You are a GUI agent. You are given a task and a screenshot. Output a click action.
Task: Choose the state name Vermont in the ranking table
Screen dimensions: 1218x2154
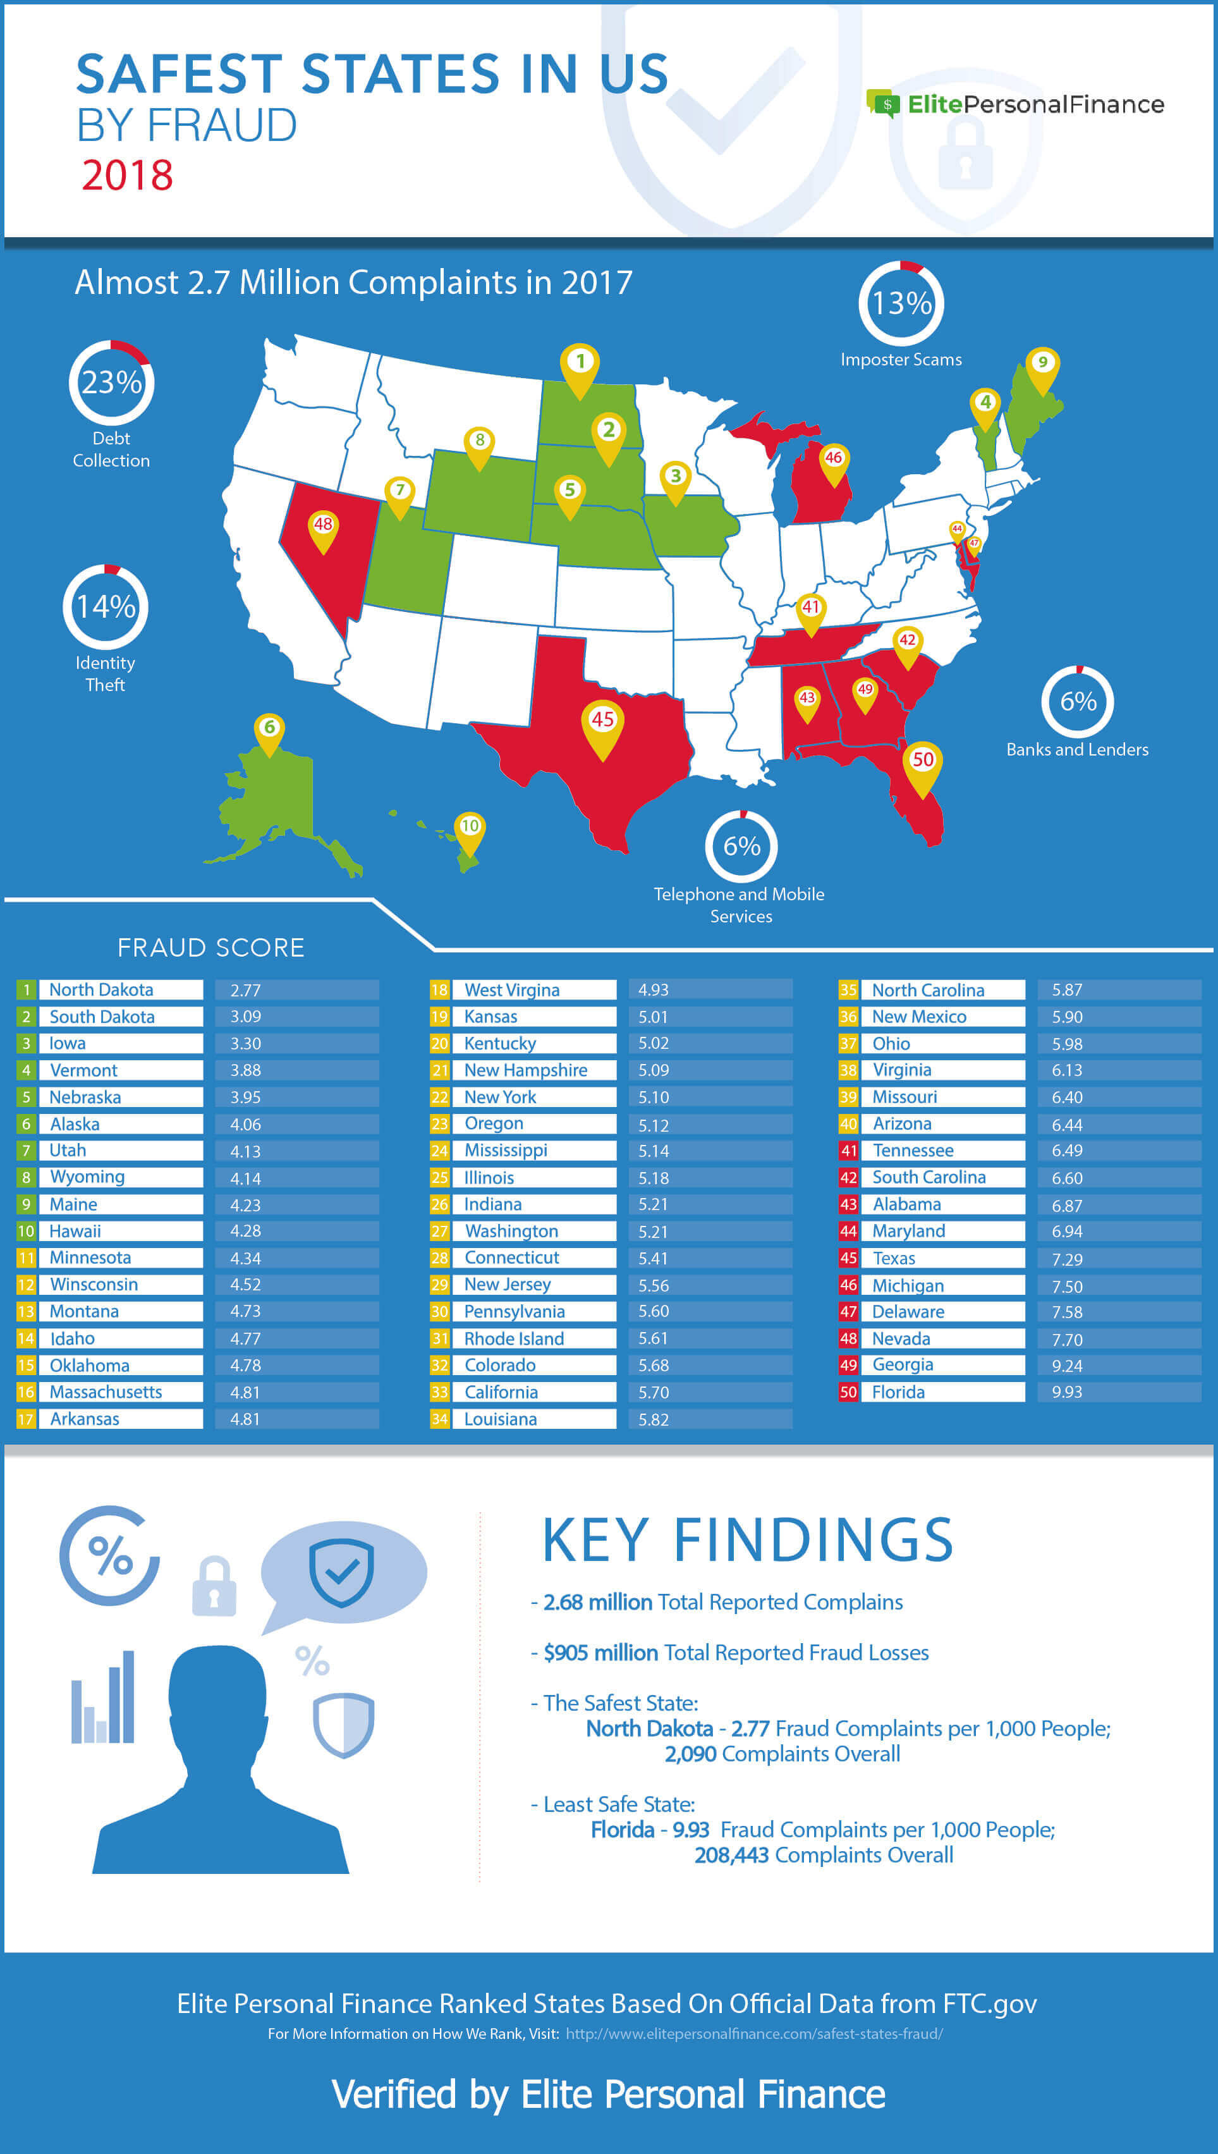click(83, 1070)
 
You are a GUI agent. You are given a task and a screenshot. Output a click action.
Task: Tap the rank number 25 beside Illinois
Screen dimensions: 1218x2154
click(439, 1177)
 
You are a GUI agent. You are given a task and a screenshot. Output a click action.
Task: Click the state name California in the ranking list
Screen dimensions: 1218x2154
click(501, 1392)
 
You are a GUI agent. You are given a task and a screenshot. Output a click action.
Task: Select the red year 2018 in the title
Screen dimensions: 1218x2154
click(127, 176)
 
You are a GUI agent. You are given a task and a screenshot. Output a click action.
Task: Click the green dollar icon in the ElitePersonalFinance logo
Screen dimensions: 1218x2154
click(884, 104)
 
